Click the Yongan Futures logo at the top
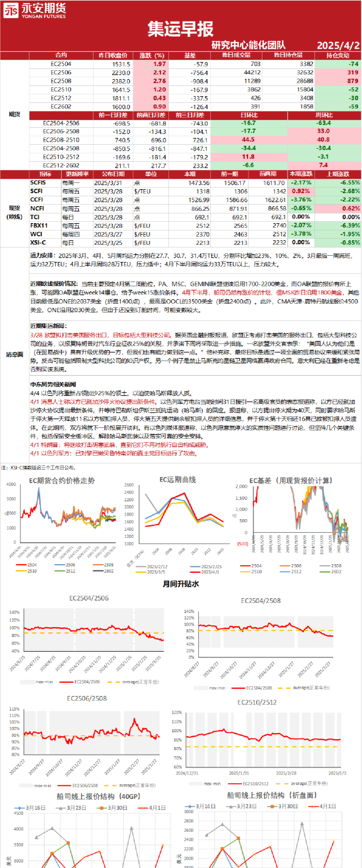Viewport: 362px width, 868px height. (35, 10)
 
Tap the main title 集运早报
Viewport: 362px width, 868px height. (180, 29)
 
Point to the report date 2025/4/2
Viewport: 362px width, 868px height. (338, 45)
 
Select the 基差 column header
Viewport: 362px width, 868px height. (190, 55)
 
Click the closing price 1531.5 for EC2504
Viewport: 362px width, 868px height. (120, 64)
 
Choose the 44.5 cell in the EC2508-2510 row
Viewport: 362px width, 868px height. (248, 140)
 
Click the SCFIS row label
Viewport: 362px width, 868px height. (38, 182)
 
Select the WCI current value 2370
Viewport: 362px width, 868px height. (202, 234)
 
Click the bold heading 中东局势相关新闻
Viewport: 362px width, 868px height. (53, 384)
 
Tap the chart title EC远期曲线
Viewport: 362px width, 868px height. (178, 479)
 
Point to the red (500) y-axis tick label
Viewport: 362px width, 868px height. (242, 544)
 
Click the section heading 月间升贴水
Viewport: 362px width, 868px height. (181, 584)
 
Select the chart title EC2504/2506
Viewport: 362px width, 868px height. (89, 598)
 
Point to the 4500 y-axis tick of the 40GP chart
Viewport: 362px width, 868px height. (18, 813)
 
